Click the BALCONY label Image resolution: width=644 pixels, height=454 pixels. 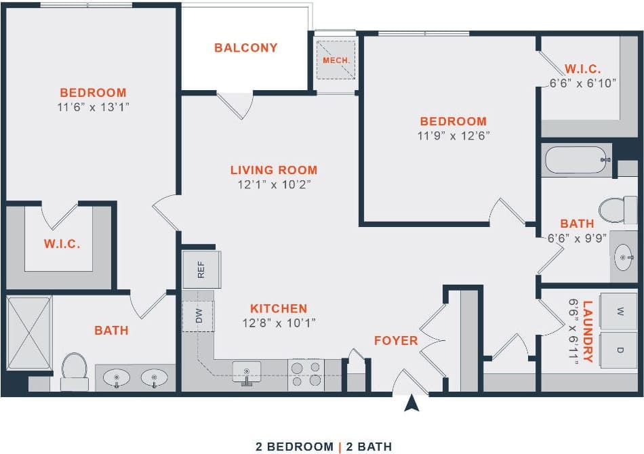point(246,48)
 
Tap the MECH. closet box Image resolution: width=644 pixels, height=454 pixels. point(336,60)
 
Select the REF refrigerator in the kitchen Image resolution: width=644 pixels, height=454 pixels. point(200,269)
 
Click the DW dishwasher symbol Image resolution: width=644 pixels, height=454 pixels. point(198,316)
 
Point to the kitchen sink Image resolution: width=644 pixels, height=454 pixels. point(247,372)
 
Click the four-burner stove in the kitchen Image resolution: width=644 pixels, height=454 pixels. point(306,375)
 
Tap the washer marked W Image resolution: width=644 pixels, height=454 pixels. point(620,312)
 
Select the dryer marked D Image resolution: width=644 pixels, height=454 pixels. point(620,350)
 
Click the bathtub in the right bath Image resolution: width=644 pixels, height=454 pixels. point(577,161)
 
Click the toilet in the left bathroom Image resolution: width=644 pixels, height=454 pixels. point(74,371)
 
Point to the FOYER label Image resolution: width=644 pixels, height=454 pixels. point(396,340)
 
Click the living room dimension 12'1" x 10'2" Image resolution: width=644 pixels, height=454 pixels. point(273,184)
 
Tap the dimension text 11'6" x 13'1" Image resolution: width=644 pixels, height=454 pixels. point(93,107)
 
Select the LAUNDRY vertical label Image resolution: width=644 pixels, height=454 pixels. point(587,331)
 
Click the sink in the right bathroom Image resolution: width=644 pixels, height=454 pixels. point(624,257)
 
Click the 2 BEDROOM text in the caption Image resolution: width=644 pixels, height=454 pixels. point(292,447)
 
